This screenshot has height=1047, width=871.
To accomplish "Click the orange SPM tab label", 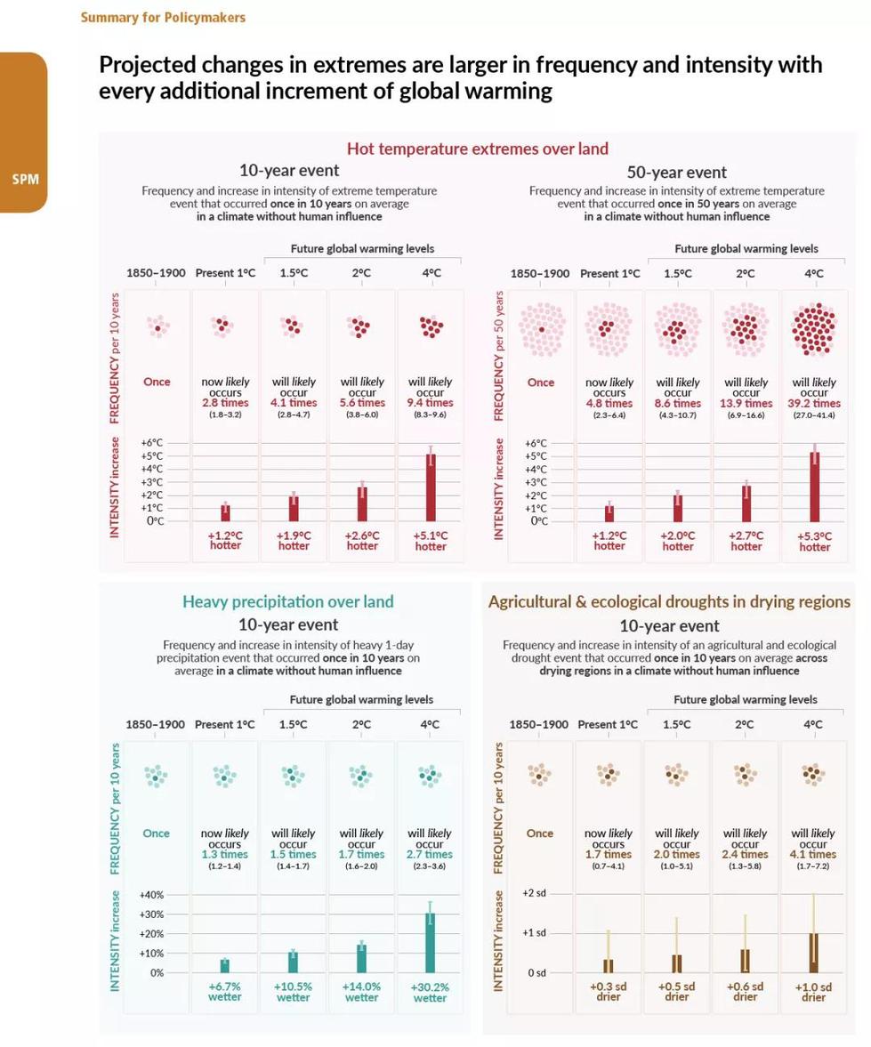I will tap(24, 180).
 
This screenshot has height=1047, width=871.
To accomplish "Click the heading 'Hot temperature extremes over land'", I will tap(477, 149).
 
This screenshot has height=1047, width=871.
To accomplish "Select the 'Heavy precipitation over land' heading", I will tap(287, 601).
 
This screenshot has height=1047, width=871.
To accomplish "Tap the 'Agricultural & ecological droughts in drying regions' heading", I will tap(669, 601).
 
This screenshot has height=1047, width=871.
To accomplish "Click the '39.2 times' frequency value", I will tap(814, 404).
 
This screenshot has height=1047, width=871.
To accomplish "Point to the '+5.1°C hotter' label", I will tap(431, 541).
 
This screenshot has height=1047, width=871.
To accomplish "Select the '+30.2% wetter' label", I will tap(430, 992).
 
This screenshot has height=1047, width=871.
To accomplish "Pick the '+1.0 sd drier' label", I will tap(813, 992).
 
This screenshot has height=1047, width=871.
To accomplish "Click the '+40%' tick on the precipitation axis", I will tap(152, 895).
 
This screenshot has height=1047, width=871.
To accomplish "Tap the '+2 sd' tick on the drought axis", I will tap(534, 892).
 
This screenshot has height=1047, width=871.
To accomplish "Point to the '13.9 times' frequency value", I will tap(746, 404).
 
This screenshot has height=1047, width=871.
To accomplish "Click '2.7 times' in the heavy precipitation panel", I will tap(430, 854).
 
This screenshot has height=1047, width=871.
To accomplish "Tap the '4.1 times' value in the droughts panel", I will tap(813, 854).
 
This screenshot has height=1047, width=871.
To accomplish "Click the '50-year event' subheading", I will tap(676, 173).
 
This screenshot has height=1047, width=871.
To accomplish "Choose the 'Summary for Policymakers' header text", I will tap(163, 17).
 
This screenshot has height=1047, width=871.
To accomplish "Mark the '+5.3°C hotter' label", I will tap(814, 542).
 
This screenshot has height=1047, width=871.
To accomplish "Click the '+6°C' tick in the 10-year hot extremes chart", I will tap(152, 443).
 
